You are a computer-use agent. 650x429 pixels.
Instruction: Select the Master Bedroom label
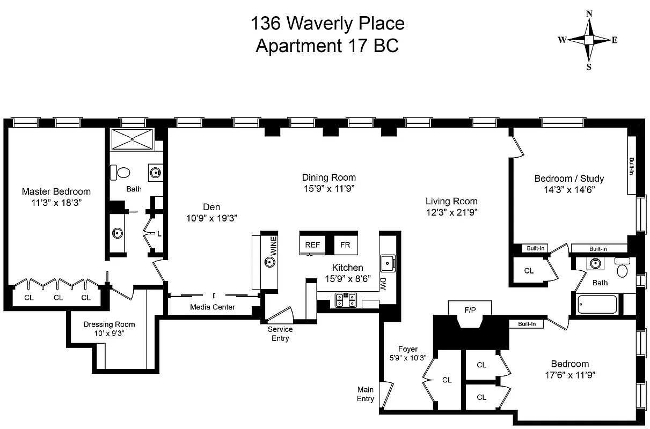tap(56, 191)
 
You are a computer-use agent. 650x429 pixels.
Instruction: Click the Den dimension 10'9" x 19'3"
tap(211, 218)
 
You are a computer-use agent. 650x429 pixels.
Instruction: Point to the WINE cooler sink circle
tap(270, 262)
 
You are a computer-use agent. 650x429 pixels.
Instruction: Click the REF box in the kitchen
tap(312, 245)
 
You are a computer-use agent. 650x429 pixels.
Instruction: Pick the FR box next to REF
tap(345, 245)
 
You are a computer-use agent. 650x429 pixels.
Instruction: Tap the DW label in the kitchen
tap(383, 282)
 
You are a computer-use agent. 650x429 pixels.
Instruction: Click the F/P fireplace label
tap(470, 309)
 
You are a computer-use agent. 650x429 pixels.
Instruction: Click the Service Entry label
tap(280, 334)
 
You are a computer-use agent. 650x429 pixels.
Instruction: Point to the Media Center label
tap(212, 307)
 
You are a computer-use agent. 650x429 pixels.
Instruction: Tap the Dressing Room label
tap(109, 324)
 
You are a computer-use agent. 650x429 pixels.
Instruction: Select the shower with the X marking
tap(133, 140)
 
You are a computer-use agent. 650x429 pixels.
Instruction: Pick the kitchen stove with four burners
tap(346, 300)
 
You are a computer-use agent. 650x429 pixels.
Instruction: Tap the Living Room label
tap(451, 202)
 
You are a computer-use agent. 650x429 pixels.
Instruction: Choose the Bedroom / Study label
tap(569, 179)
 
